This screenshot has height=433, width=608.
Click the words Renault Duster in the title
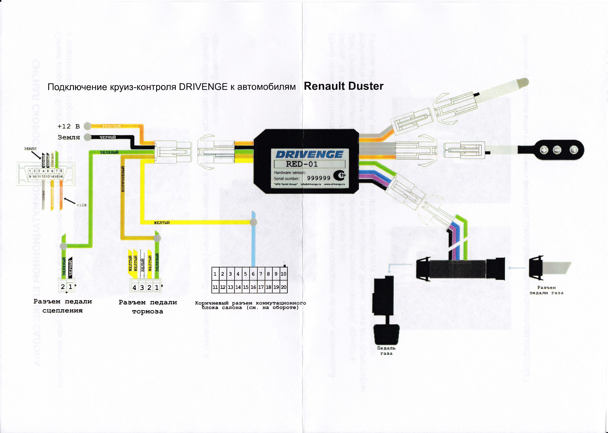(343, 86)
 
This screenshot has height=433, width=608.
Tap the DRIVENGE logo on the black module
(309, 154)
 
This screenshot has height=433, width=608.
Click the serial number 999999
(319, 178)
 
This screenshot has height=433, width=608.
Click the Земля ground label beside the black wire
(69, 137)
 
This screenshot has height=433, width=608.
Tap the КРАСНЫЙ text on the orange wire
(112, 126)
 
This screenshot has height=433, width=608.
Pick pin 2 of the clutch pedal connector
(63, 287)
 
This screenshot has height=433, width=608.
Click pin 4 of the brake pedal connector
(134, 288)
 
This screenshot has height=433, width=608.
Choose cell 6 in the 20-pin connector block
(253, 274)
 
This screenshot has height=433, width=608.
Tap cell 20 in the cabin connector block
(284, 287)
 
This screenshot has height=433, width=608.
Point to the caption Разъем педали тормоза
(148, 307)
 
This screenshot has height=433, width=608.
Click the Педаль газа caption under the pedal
(386, 351)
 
